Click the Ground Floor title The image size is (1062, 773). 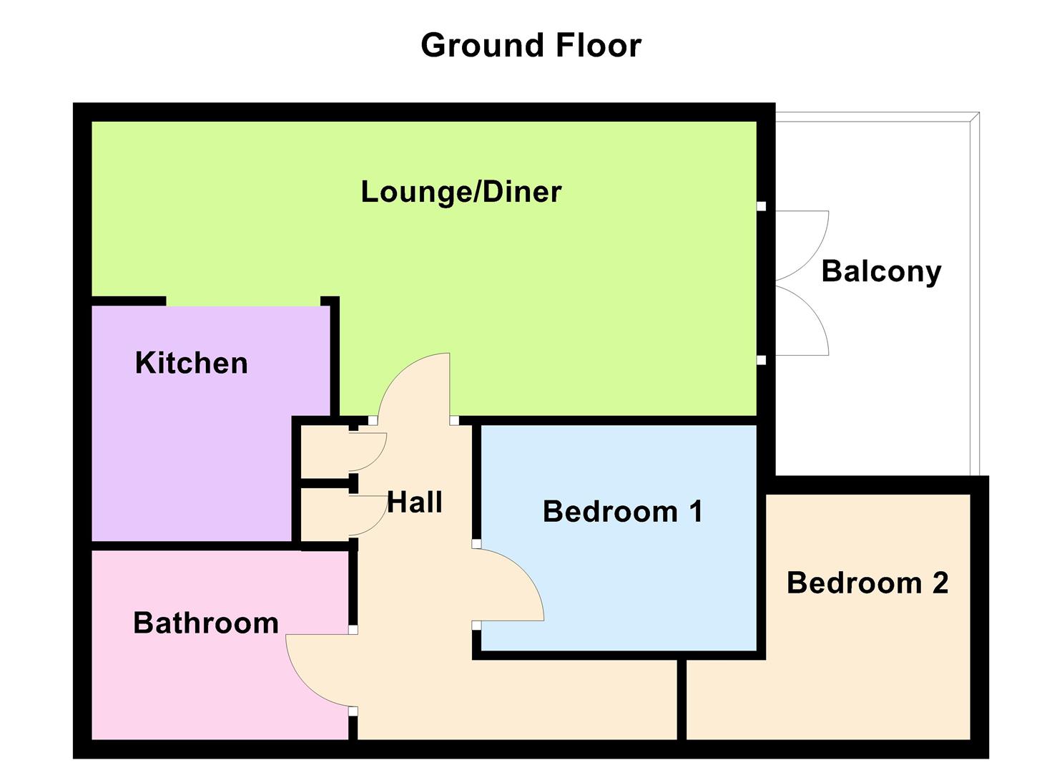[x=531, y=45]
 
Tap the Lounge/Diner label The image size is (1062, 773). [x=461, y=192]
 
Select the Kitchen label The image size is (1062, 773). [x=191, y=363]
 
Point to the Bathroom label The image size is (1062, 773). [x=206, y=623]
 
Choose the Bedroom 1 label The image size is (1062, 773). [x=622, y=511]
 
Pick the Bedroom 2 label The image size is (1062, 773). [x=867, y=583]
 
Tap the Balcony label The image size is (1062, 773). [x=880, y=271]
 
